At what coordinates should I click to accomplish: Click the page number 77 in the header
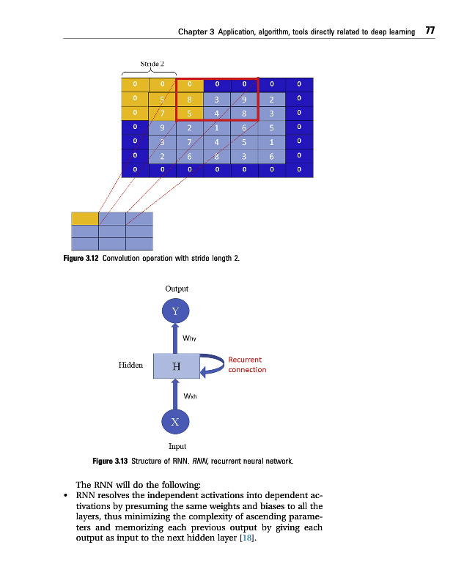click(x=430, y=31)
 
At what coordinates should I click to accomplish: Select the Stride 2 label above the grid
click(x=152, y=63)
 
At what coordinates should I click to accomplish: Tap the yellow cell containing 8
click(x=189, y=100)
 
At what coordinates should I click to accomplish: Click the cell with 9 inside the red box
click(x=244, y=100)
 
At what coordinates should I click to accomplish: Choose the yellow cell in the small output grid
click(x=84, y=218)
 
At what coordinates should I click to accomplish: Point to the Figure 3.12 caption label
click(x=85, y=258)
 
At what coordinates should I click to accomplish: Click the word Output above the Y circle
click(x=176, y=289)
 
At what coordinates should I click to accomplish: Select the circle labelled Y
click(x=175, y=311)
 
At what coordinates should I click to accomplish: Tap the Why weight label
click(x=188, y=338)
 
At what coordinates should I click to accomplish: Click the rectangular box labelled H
click(x=176, y=366)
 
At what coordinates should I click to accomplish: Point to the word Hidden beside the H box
click(x=130, y=364)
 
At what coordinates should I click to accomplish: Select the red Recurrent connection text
click(x=246, y=365)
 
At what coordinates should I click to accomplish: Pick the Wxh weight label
click(x=188, y=396)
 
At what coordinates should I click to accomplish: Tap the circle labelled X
click(x=175, y=421)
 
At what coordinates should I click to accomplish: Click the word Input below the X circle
click(x=177, y=446)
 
